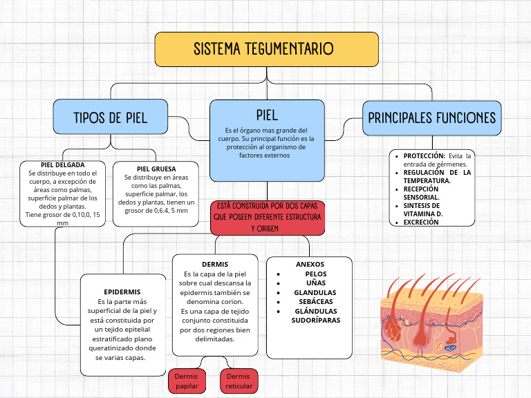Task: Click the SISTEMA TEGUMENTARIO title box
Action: click(x=266, y=49)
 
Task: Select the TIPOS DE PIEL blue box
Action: click(x=111, y=117)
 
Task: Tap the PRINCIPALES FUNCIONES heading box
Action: click(x=431, y=117)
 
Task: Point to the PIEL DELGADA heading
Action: click(x=62, y=165)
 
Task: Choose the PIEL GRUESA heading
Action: click(x=156, y=169)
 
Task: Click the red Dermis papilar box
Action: click(x=187, y=381)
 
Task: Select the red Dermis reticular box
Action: click(x=239, y=381)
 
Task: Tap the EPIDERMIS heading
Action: click(x=122, y=292)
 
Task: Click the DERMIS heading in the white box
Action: click(x=214, y=265)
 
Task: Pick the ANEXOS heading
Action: click(x=310, y=265)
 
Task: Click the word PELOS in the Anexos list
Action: click(x=315, y=274)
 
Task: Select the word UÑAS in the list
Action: click(x=315, y=283)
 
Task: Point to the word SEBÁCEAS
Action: click(x=315, y=302)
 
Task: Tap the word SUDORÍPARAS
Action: click(x=316, y=321)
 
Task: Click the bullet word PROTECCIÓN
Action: click(x=424, y=156)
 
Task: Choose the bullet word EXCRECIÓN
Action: click(x=421, y=222)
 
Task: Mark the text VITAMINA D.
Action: click(x=423, y=214)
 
